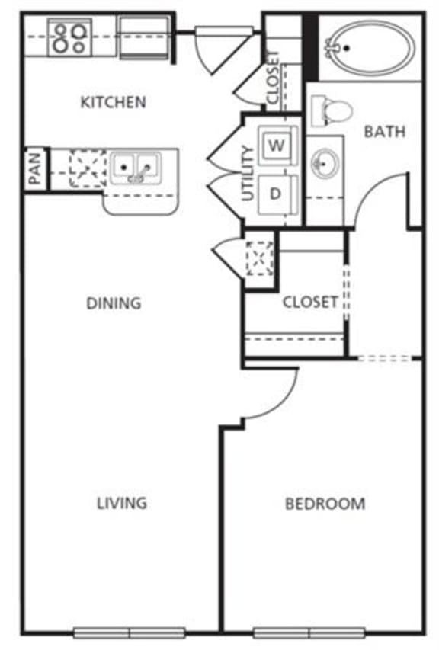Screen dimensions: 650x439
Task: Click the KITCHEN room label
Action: coord(113,101)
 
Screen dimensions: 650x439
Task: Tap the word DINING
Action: coord(114,303)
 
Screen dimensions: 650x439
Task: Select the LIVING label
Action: coord(122,503)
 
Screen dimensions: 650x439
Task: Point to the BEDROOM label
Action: coord(325,504)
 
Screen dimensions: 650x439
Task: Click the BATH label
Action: coord(384,131)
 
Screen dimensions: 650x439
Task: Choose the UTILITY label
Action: coord(247,173)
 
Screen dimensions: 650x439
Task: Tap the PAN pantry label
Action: coord(35,169)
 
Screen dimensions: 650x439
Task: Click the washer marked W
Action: coord(276,144)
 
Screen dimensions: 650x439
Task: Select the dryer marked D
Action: coord(276,194)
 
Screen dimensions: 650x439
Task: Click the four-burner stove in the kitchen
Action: coord(70,37)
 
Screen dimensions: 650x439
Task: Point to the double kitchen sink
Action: coord(135,167)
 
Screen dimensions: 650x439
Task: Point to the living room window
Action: coord(130,632)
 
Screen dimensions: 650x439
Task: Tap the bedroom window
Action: coord(309,632)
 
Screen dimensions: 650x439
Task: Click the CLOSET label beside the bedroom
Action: coord(309,302)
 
